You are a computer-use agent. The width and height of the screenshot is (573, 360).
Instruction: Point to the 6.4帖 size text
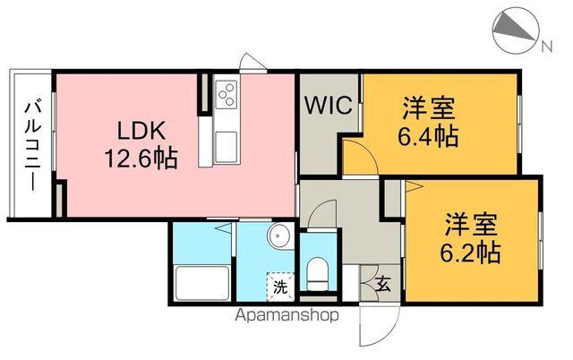[428, 137]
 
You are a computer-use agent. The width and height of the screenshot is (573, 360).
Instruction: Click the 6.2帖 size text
[468, 251]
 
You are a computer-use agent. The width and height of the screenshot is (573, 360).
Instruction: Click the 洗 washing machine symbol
[280, 287]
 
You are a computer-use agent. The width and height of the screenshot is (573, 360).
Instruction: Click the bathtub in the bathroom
[201, 284]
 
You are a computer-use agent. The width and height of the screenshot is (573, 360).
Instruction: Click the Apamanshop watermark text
[286, 315]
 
